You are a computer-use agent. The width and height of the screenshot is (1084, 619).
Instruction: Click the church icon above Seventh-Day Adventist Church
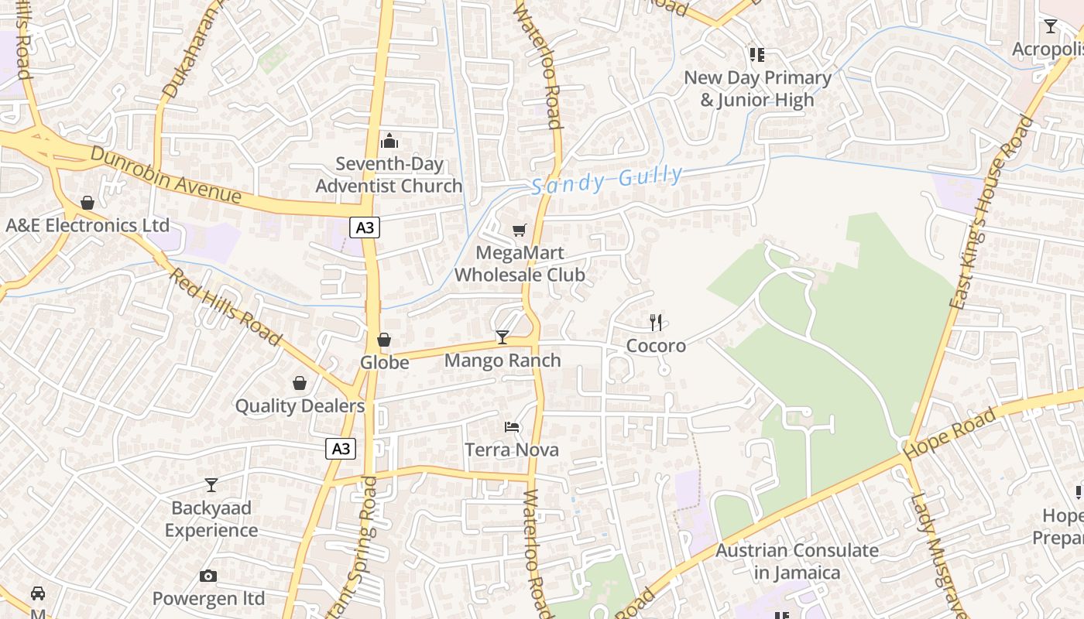pyautogui.click(x=389, y=141)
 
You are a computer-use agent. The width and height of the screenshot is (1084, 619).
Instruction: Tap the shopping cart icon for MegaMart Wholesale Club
pyautogui.click(x=519, y=230)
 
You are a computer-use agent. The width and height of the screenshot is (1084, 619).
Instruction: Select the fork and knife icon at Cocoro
pyautogui.click(x=656, y=322)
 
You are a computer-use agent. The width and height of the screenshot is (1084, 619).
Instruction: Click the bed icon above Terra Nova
pyautogui.click(x=511, y=426)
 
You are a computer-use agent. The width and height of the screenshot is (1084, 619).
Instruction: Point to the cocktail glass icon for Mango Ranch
pyautogui.click(x=503, y=337)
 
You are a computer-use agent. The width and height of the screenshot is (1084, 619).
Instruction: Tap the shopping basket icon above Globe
pyautogui.click(x=384, y=340)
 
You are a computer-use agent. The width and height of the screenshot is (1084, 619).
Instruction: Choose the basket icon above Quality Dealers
pyautogui.click(x=300, y=383)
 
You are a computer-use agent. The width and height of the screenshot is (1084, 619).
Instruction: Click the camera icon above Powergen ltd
pyautogui.click(x=208, y=576)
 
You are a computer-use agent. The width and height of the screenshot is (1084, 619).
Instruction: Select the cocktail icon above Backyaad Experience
pyautogui.click(x=211, y=485)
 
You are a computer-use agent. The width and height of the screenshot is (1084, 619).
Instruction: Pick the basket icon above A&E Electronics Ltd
pyautogui.click(x=87, y=203)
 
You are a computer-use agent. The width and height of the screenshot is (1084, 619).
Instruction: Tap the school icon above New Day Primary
pyautogui.click(x=756, y=54)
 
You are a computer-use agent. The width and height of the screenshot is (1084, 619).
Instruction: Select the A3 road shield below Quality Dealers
pyautogui.click(x=341, y=449)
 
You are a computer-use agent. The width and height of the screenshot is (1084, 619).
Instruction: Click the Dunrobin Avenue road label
pyautogui.click(x=166, y=175)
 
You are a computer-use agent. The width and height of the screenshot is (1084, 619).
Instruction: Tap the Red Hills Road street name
pyautogui.click(x=225, y=306)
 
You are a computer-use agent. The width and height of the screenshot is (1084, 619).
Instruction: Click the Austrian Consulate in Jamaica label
pyautogui.click(x=797, y=562)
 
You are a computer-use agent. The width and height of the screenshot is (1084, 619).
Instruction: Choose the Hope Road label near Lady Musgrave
pyautogui.click(x=950, y=433)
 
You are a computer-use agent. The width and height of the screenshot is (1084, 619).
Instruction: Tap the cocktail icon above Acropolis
pyautogui.click(x=1050, y=27)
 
